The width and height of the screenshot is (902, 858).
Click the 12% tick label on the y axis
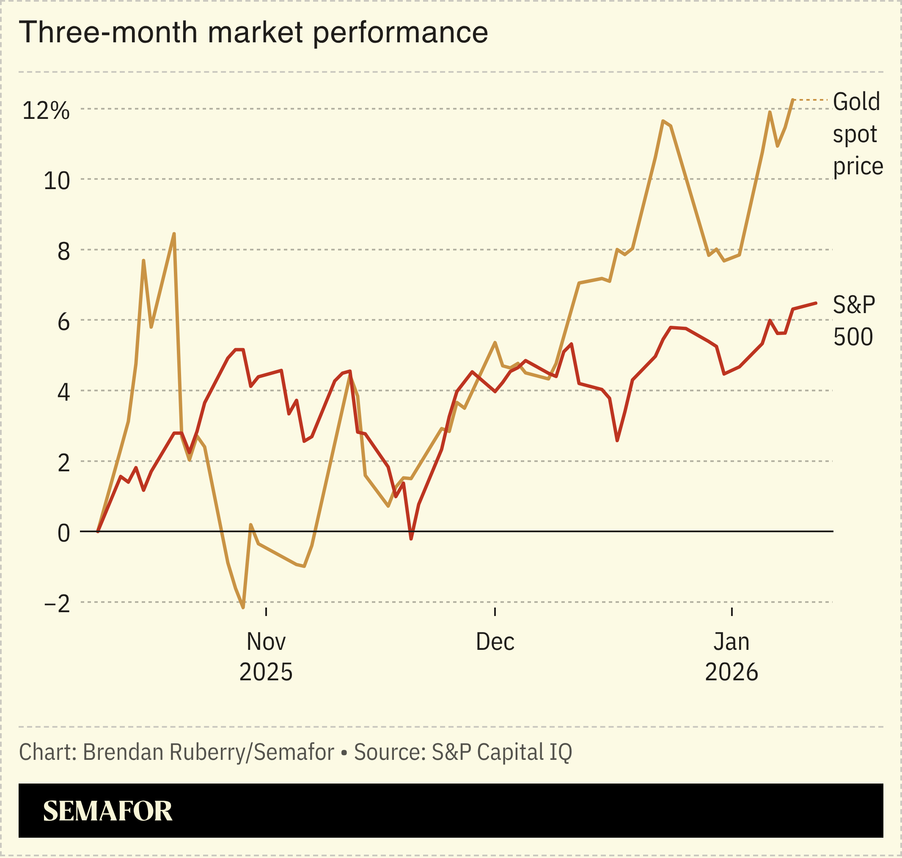[46, 111]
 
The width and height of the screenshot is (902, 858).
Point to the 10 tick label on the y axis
[57, 181]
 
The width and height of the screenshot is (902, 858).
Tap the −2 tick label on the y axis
[57, 604]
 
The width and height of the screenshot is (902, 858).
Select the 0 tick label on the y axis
[63, 533]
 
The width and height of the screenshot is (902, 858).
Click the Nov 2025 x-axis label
[266, 657]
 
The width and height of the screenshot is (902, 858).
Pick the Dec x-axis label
[495, 642]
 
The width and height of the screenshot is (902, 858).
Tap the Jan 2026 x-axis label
[731, 657]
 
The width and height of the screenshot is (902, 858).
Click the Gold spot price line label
[857, 134]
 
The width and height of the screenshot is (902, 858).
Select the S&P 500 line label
[853, 321]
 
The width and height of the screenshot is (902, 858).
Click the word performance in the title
[400, 33]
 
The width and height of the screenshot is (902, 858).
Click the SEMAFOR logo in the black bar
[107, 811]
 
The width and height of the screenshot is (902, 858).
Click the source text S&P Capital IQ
[502, 752]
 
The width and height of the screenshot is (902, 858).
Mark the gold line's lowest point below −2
[243, 608]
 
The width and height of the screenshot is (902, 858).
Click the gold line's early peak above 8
[174, 234]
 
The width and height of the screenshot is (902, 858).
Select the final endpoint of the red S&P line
[816, 303]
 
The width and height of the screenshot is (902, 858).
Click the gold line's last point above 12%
[793, 100]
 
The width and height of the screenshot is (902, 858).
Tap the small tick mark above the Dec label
[495, 611]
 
